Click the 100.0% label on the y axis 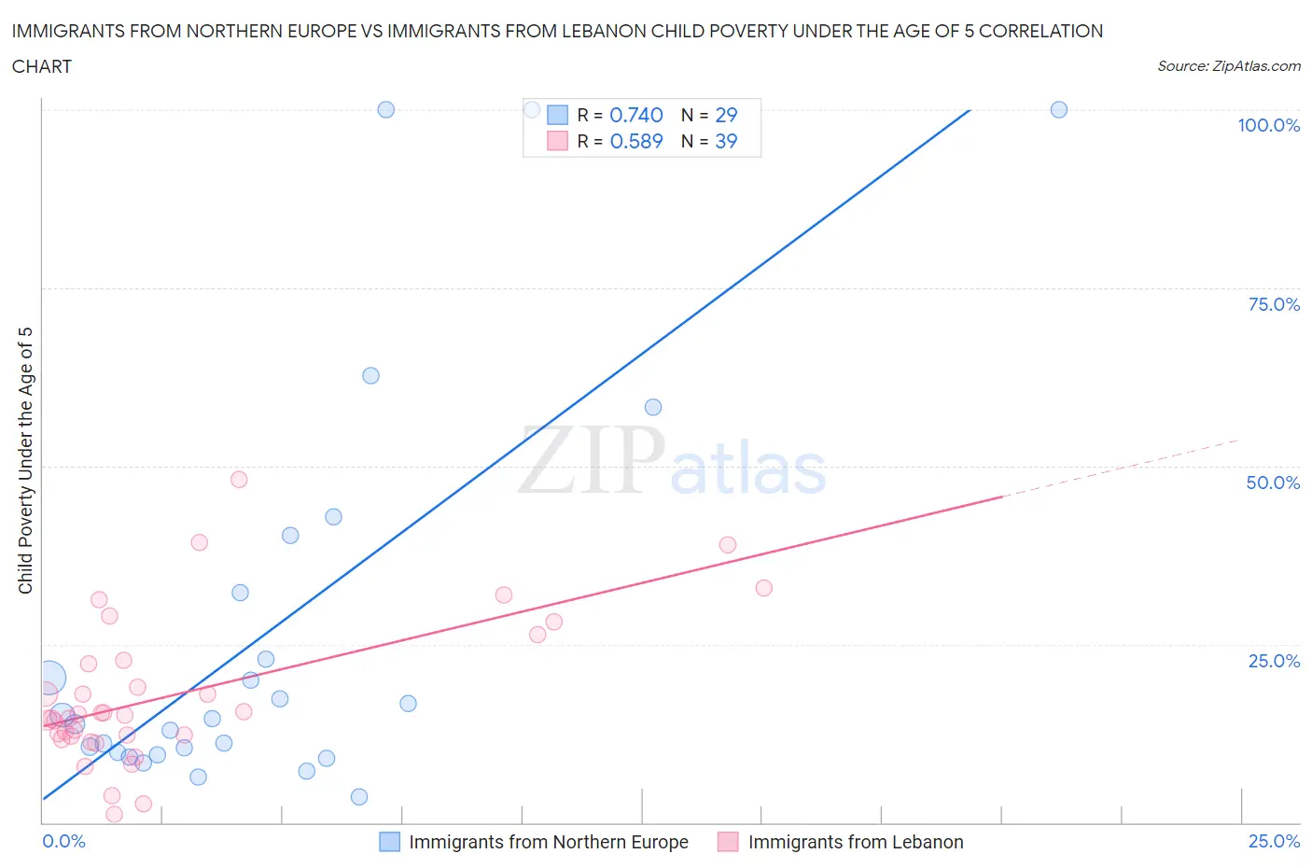[x=1268, y=125]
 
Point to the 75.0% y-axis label [x=1274, y=304]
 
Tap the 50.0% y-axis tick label [x=1273, y=483]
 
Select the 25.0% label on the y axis [x=1274, y=661]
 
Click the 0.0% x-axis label [x=63, y=841]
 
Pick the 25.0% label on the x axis [x=1274, y=841]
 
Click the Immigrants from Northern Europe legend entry [x=548, y=842]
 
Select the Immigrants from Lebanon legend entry [x=855, y=842]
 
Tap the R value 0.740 [x=635, y=115]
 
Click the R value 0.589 [x=635, y=141]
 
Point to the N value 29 [x=725, y=115]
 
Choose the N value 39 [x=725, y=141]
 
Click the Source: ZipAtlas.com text [x=1228, y=66]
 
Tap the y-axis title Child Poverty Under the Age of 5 [x=26, y=460]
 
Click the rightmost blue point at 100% [x=1058, y=109]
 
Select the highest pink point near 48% [x=239, y=480]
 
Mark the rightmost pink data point [x=763, y=588]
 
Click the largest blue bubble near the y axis [x=50, y=678]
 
